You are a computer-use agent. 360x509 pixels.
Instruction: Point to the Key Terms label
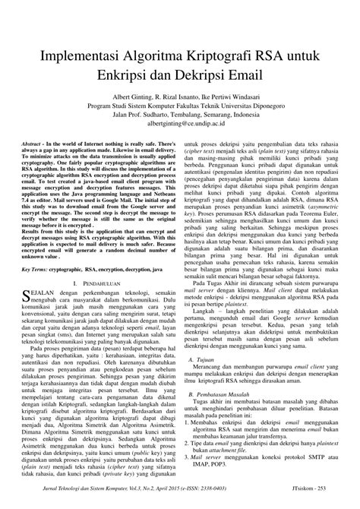[x=39, y=269]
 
